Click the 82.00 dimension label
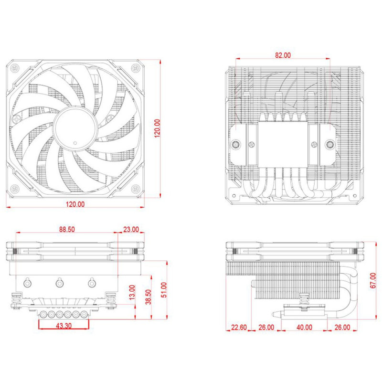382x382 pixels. click(x=283, y=55)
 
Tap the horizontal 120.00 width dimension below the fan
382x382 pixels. click(x=75, y=204)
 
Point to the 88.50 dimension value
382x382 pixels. click(x=67, y=229)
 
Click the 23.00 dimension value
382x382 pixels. click(x=130, y=229)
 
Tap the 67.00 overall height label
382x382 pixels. click(x=373, y=281)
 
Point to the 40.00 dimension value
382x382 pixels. click(x=304, y=328)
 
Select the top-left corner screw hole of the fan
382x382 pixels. click(x=15, y=68)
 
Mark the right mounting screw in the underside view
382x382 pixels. click(x=329, y=145)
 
